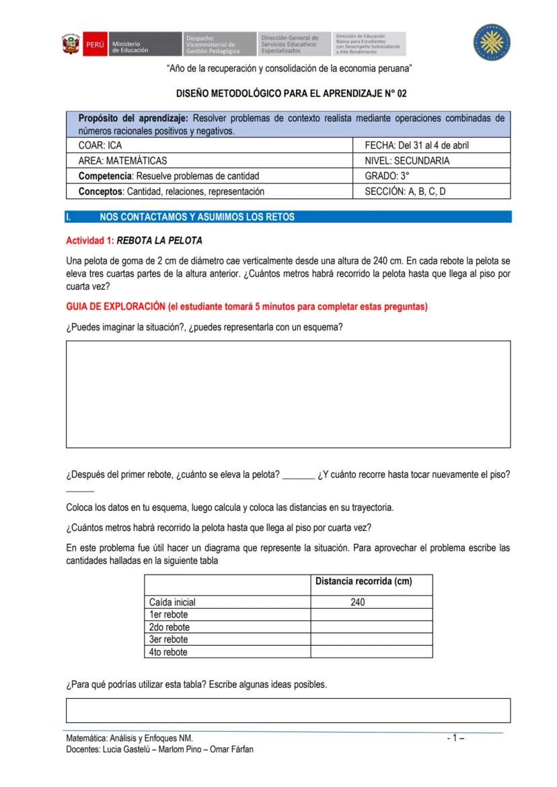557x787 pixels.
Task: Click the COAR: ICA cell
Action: [x=210, y=144]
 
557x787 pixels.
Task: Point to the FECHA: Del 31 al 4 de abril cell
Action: [x=432, y=144]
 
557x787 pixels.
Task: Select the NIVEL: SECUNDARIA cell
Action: [x=432, y=161]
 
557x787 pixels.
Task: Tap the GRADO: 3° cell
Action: [x=432, y=176]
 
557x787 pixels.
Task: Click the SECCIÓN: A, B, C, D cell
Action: [x=432, y=192]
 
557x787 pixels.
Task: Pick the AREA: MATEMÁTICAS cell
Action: [x=210, y=161]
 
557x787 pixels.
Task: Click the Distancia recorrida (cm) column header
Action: [x=363, y=581]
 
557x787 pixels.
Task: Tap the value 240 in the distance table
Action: [x=358, y=602]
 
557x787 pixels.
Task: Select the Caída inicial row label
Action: [x=173, y=602]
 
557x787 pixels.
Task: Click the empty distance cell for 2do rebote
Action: [x=371, y=627]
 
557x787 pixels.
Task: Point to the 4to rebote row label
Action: [x=168, y=652]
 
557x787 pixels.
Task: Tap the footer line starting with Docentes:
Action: [x=159, y=749]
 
